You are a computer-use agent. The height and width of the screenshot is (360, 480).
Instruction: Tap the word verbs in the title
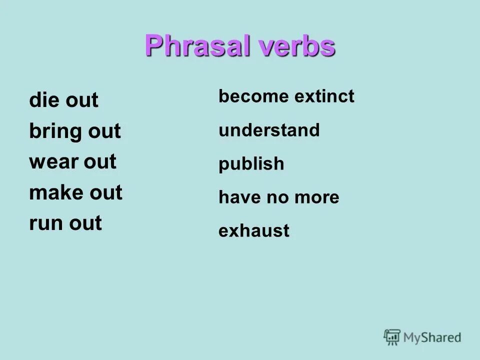pyautogui.click(x=297, y=46)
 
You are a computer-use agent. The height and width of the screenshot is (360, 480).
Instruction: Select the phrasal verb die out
pyautogui.click(x=63, y=101)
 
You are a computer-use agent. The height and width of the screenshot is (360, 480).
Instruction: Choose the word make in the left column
pyautogui.click(x=55, y=192)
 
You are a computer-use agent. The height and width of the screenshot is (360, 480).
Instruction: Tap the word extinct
pyautogui.click(x=324, y=96)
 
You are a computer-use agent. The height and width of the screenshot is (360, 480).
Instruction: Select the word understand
pyautogui.click(x=269, y=130)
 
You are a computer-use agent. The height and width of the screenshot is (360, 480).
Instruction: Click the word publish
pyautogui.click(x=251, y=164)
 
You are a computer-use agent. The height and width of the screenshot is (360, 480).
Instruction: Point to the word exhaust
pyautogui.click(x=254, y=231)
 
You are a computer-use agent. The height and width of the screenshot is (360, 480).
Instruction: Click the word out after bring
pyautogui.click(x=104, y=132)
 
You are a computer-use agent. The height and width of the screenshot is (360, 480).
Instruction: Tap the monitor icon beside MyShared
pyautogui.click(x=392, y=337)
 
